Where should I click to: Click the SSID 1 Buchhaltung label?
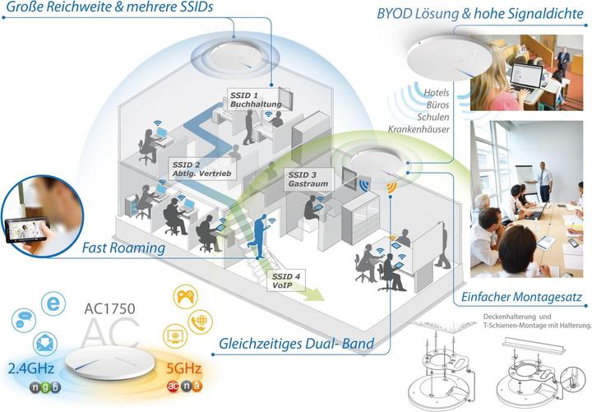click(256, 100)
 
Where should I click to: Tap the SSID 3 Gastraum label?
click(308, 180)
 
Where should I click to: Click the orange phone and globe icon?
click(201, 322)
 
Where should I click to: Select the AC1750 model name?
click(110, 312)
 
